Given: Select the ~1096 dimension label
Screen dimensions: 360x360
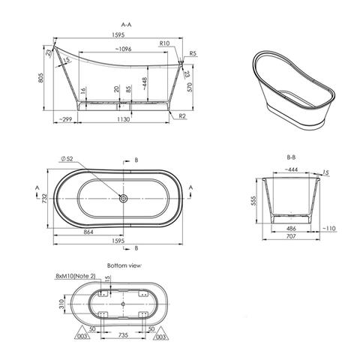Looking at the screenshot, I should pyautogui.click(x=124, y=49).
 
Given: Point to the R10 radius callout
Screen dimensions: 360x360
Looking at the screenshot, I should pyautogui.click(x=164, y=44).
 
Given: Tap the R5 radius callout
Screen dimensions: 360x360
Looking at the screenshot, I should pyautogui.click(x=193, y=54).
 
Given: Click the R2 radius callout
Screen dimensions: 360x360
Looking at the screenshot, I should pyautogui.click(x=182, y=116).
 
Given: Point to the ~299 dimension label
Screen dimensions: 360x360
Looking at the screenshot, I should pyautogui.click(x=66, y=120).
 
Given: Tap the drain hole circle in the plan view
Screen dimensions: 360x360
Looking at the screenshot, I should pyautogui.click(x=124, y=199).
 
